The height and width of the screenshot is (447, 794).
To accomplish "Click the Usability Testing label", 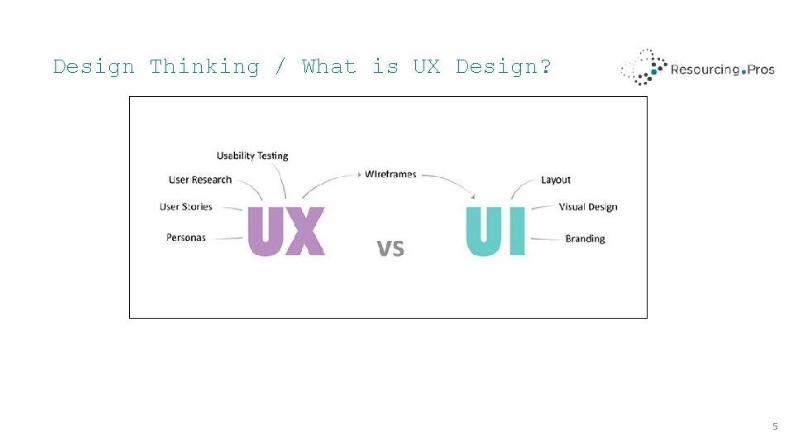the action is tap(252, 156).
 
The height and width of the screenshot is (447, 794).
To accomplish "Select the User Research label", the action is tap(201, 180).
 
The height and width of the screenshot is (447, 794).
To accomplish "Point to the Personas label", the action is tap(186, 238).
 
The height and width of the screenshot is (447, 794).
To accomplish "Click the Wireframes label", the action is tap(390, 174).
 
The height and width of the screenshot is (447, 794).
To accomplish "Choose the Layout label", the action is tap(556, 180).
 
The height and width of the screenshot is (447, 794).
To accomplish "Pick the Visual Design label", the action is tap(588, 207).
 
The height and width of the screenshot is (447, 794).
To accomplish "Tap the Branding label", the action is tap(585, 238).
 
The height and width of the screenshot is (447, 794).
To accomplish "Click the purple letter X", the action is tap(305, 231).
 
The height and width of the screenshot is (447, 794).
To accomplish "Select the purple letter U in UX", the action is tap(265, 231).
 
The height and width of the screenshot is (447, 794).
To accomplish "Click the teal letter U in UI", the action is tap(484, 231).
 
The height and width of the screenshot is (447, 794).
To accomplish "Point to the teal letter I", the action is tap(518, 231).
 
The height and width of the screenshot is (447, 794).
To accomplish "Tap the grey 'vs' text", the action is tap(390, 248).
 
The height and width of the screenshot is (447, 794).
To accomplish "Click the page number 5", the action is tap(775, 426).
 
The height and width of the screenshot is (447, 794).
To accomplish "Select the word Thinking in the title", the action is tap(204, 66).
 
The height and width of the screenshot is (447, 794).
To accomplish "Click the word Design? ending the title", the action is tap(504, 66).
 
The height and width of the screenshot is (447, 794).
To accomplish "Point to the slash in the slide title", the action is tap(280, 66).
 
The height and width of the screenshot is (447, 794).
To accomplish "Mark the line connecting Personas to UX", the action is tap(227, 238).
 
